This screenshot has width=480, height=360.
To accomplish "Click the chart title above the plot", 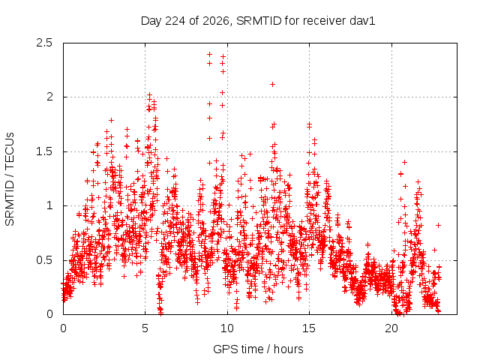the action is [258, 21].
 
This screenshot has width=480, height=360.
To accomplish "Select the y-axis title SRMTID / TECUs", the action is [10, 179].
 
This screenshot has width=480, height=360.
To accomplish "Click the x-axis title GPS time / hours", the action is [258, 349].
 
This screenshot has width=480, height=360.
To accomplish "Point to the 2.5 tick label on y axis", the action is [44, 43].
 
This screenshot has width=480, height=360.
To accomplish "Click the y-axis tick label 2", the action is [49, 97].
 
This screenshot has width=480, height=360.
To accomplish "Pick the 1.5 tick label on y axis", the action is [44, 151].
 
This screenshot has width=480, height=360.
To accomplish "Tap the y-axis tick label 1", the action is [50, 205].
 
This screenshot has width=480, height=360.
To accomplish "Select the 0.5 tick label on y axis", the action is [44, 260].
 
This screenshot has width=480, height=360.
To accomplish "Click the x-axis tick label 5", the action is [145, 328].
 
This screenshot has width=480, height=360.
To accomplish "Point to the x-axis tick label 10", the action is [227, 328].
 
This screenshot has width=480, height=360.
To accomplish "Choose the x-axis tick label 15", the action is [309, 328].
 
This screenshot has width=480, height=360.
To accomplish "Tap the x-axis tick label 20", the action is [391, 328].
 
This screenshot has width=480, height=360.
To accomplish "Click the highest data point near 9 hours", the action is [210, 55].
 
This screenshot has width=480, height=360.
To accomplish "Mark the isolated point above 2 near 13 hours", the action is [272, 85].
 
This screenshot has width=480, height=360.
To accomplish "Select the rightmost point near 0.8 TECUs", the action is [438, 225].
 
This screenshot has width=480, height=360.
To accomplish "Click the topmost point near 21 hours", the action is [404, 162].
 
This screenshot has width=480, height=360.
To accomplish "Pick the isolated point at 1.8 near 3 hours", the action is [112, 120].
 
